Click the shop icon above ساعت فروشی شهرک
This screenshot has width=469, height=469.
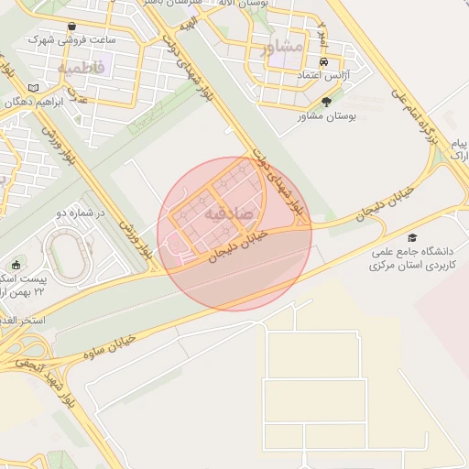point(72,26)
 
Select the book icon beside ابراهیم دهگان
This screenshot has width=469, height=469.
point(35,87)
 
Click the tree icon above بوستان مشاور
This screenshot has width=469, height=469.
point(327,102)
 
